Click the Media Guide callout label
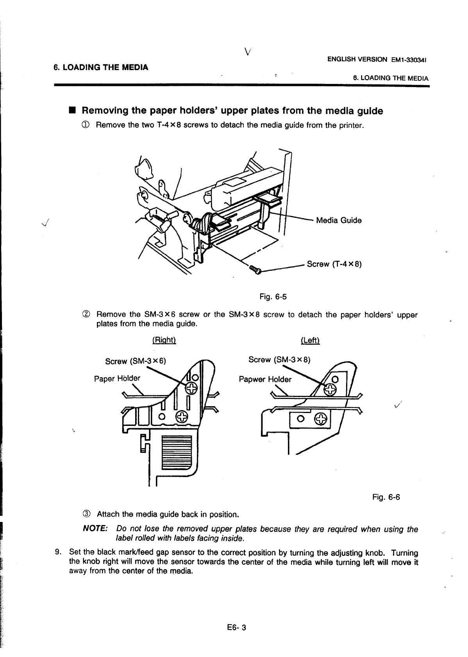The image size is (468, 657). (x=338, y=221)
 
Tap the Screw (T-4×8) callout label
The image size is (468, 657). (x=334, y=265)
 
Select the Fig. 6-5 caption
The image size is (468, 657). (x=273, y=297)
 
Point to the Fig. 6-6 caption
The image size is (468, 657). (x=386, y=497)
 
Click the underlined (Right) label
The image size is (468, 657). (x=164, y=340)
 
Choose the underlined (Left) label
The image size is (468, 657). (x=311, y=340)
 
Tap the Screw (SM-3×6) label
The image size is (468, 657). (x=136, y=361)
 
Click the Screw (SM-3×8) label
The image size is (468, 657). (x=279, y=360)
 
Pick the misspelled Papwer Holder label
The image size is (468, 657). (x=265, y=379)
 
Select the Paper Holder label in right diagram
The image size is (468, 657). (x=117, y=378)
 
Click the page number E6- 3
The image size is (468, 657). (x=234, y=628)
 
